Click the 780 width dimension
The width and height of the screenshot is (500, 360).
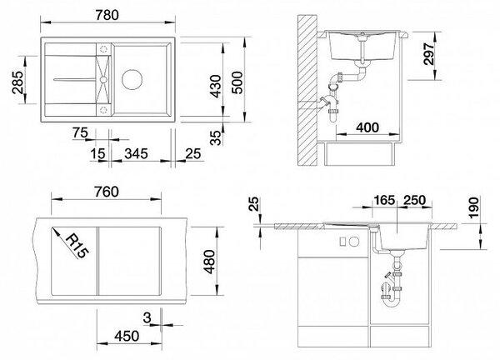[x=107, y=15]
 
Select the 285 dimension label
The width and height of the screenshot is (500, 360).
[x=17, y=82]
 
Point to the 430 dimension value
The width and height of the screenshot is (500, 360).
[x=216, y=86]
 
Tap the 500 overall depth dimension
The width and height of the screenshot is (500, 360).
[x=237, y=82]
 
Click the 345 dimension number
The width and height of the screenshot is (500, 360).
[x=136, y=153]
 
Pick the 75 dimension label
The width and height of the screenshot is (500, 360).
[x=80, y=132]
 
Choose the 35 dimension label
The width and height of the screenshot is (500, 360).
[x=216, y=137]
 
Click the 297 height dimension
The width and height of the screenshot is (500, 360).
[x=429, y=54]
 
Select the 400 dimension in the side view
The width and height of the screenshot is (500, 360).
[x=367, y=127]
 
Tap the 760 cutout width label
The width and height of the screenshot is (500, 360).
[x=107, y=192]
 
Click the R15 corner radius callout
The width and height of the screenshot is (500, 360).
[x=76, y=246]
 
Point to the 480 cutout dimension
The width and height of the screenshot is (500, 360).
[x=210, y=262]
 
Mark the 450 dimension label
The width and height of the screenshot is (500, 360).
[x=127, y=336]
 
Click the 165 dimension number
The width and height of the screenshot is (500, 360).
[x=384, y=200]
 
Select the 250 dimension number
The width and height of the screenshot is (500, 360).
[x=414, y=200]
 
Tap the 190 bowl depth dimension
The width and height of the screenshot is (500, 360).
[x=474, y=207]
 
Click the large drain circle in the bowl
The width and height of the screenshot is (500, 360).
[x=132, y=79]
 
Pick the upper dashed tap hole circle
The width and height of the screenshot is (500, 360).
[x=103, y=49]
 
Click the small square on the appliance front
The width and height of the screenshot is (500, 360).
[x=342, y=242]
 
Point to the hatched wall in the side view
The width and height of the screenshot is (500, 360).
[x=307, y=90]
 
